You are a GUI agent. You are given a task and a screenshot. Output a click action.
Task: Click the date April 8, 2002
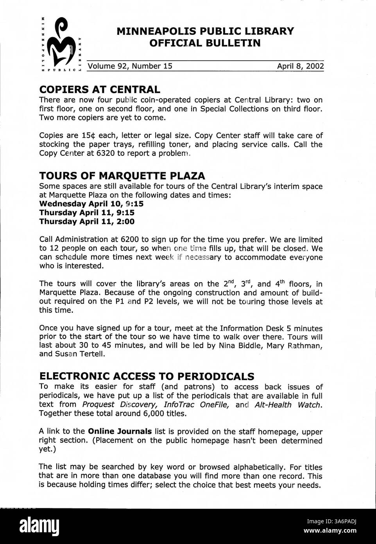(300, 66)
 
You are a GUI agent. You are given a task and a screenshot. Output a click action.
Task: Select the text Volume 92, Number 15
(130, 66)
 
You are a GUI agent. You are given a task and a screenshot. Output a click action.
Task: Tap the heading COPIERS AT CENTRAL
(100, 90)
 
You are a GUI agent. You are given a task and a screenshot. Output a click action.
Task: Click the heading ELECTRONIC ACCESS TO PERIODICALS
(147, 376)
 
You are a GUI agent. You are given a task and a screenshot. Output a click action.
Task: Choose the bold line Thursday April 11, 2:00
(87, 222)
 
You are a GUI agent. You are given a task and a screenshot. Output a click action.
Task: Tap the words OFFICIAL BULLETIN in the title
(205, 43)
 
